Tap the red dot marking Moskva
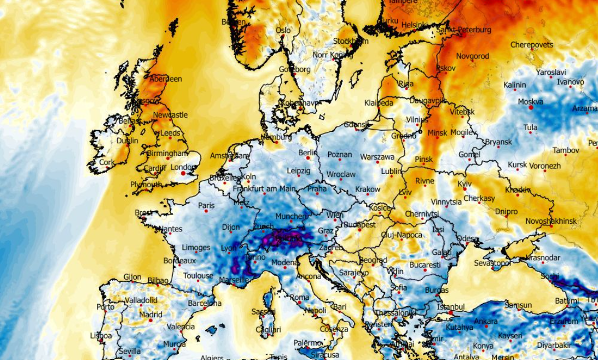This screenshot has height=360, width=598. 531,108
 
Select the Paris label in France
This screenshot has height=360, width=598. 206,206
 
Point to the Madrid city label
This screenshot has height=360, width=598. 150,315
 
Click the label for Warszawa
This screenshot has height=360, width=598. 377,157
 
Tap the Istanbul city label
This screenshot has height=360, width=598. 451,307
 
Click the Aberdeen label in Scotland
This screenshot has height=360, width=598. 165,79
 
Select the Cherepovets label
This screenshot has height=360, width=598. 531,45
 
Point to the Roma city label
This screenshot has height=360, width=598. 300,298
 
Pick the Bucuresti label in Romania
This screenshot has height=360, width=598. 424,265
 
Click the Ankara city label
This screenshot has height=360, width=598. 486,321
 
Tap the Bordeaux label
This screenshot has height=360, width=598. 179,261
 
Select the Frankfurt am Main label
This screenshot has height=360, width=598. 264,189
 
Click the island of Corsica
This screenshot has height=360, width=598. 268,300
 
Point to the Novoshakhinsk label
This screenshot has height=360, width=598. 551,220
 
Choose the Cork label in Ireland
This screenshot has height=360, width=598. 107,162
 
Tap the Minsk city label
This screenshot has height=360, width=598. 437,132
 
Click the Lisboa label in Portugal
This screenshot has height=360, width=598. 101,335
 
